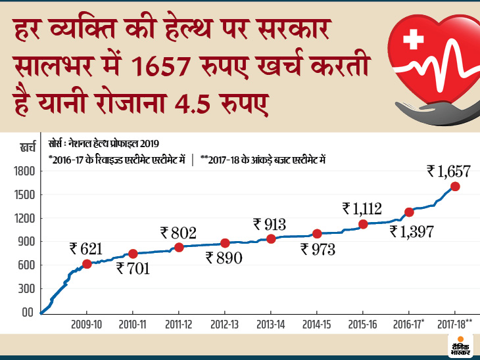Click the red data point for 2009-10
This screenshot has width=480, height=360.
pyautogui.click(x=87, y=263)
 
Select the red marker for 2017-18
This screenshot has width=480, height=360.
pyautogui.click(x=455, y=187)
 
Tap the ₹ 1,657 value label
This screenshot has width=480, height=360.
pyautogui.click(x=448, y=171)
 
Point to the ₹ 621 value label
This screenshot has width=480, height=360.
pyautogui.click(x=87, y=248)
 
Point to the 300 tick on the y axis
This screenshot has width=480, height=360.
pyautogui.click(x=26, y=289)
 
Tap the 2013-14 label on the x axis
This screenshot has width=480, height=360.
pyautogui.click(x=271, y=325)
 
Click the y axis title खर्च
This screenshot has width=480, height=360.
pyautogui.click(x=28, y=148)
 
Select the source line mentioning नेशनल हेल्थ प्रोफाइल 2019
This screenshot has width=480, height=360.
pyautogui.click(x=103, y=143)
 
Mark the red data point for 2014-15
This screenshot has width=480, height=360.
pyautogui.click(x=317, y=233)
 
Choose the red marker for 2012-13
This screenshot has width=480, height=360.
pyautogui.click(x=225, y=243)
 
